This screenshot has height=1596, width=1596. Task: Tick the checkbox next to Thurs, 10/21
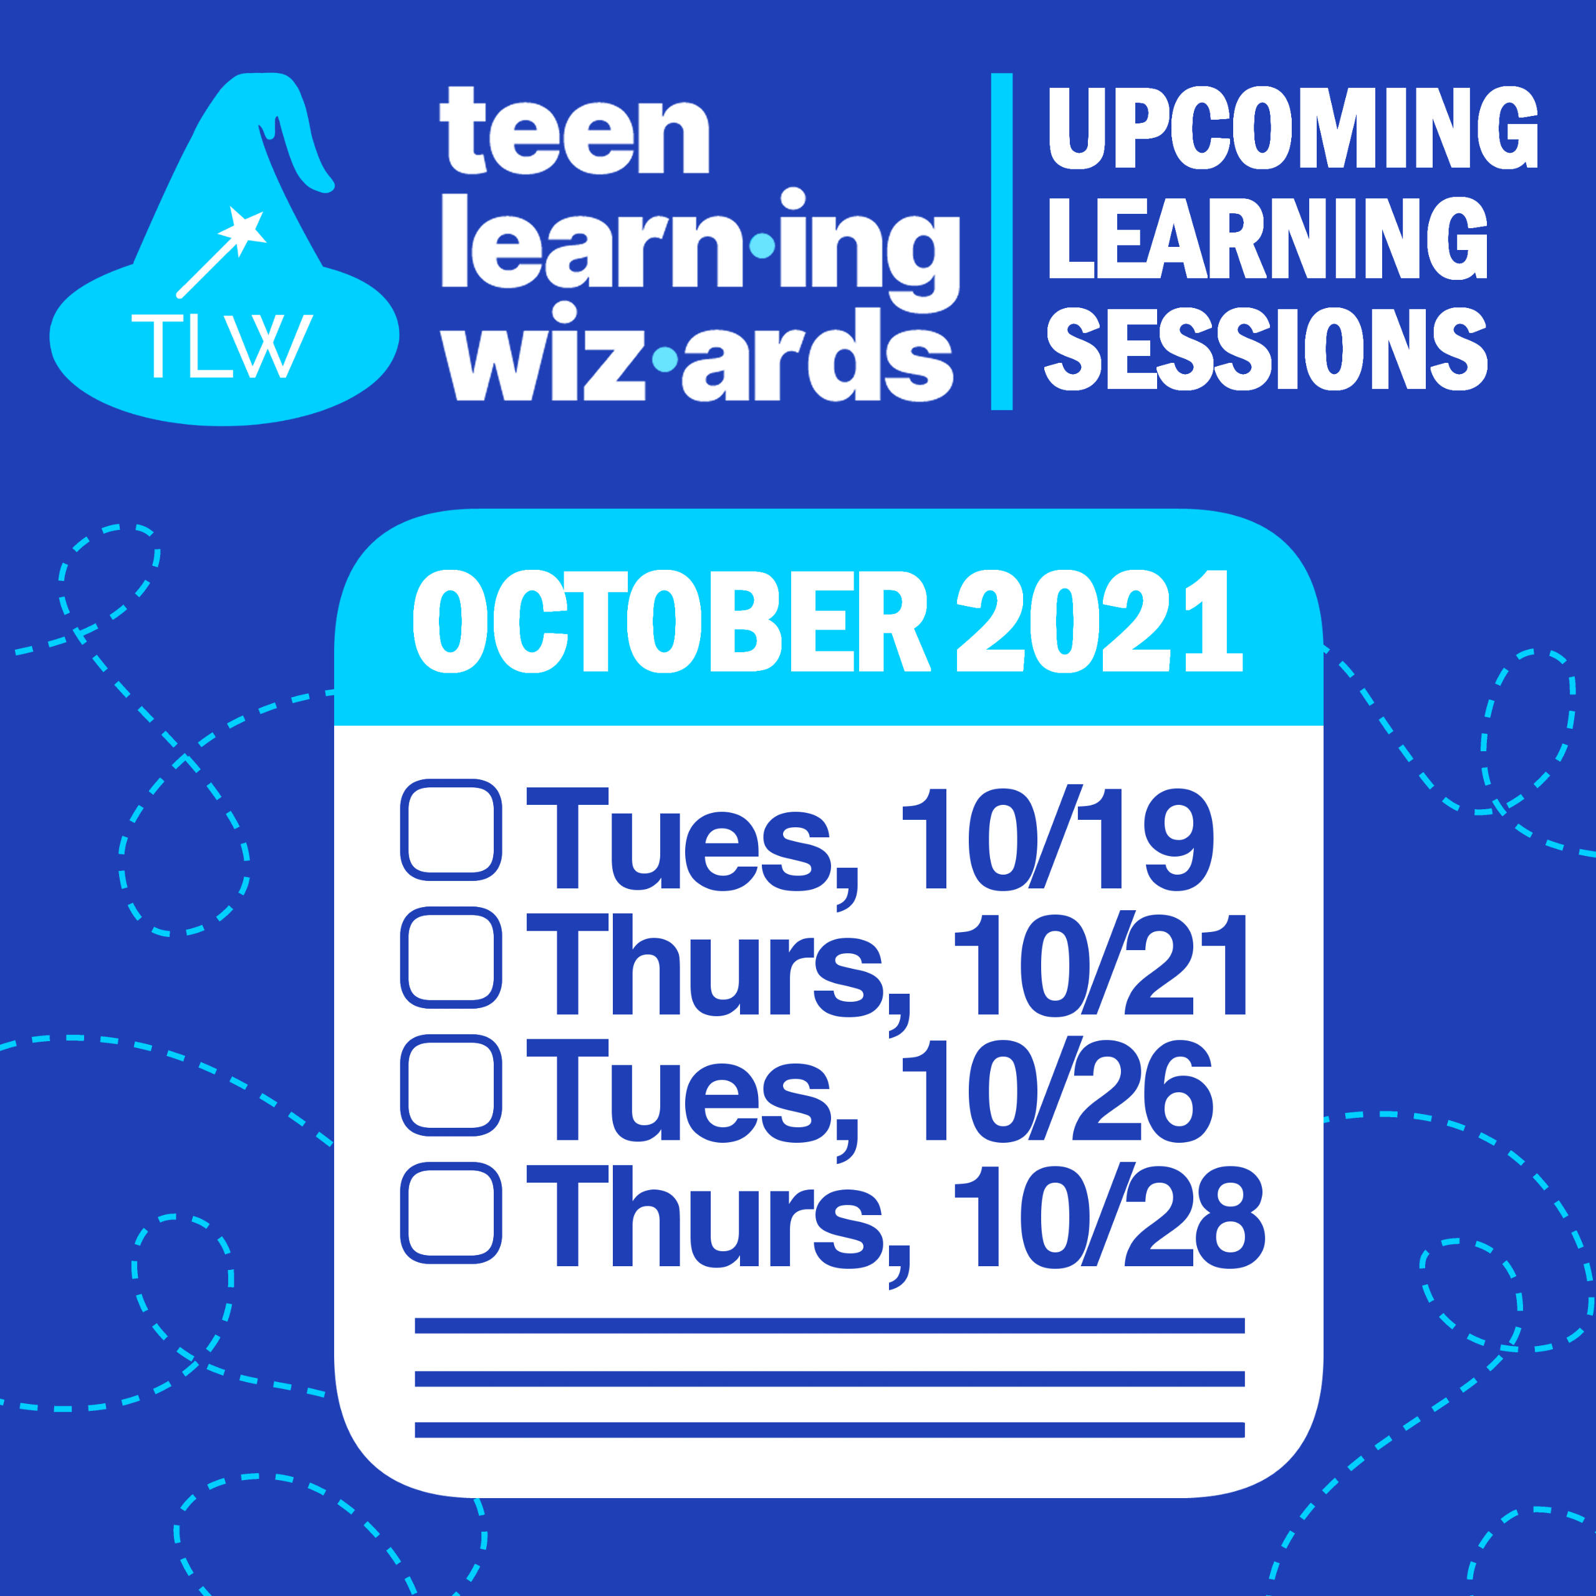tap(451, 958)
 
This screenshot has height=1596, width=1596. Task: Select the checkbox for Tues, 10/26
tap(451, 1085)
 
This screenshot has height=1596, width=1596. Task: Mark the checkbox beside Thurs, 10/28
tap(451, 1213)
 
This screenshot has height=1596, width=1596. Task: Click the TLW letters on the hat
tap(221, 345)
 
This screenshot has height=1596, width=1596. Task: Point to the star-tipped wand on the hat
tap(221, 252)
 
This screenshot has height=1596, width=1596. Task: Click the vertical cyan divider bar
tap(1001, 241)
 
